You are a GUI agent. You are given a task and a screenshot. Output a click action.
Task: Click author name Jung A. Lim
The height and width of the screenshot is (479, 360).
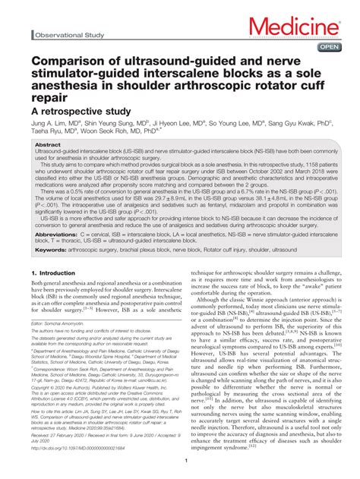point(49,123)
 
